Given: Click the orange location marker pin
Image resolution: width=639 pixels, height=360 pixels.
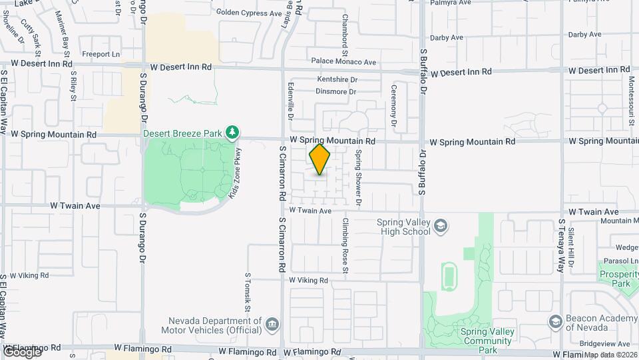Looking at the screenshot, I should coord(320,159).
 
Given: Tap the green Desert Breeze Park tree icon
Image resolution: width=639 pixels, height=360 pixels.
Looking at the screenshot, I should coord(232,133).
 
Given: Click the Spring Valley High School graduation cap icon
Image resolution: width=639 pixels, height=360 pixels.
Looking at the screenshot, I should coord(440,227).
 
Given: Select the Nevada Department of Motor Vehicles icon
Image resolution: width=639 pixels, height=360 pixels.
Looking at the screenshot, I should coord(272,324).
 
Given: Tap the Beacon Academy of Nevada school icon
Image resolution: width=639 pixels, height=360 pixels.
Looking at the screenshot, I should coord(554,323).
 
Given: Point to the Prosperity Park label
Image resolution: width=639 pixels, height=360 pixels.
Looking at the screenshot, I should coord(618,279).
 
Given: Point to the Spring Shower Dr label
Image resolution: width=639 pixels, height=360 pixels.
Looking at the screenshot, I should coord(358,177).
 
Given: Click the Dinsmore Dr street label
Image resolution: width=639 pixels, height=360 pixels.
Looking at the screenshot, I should coord(336,91).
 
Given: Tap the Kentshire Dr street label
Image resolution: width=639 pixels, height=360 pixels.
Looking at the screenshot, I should coord(337,79).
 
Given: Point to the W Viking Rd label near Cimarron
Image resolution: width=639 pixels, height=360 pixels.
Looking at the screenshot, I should coord(309,281).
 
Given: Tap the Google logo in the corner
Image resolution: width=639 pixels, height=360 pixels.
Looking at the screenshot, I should coord(21,352).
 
